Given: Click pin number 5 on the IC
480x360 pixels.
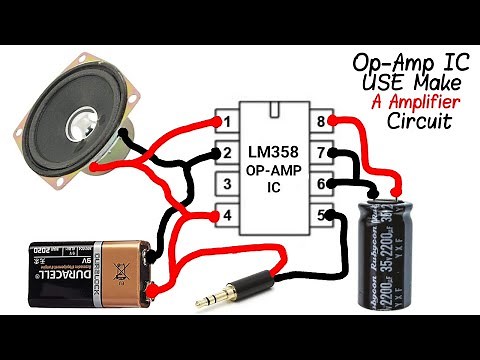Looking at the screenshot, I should [x=323, y=214].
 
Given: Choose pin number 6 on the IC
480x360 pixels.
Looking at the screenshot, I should [x=323, y=184].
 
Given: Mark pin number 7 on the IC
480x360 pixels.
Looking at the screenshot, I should [x=323, y=154].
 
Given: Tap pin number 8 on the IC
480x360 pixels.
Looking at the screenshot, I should [x=323, y=123].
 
